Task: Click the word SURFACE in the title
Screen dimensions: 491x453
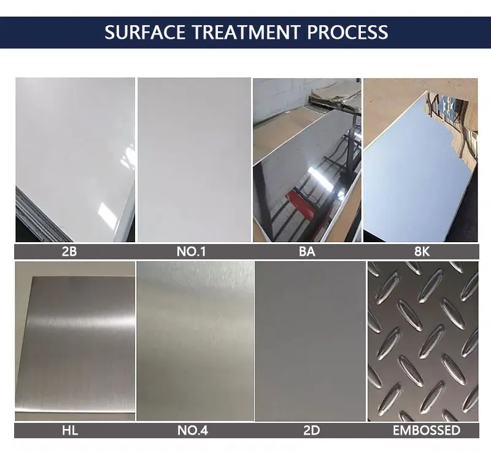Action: point(145,32)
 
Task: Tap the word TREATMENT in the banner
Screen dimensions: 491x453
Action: point(246,32)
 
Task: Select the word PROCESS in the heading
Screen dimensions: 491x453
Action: point(347,32)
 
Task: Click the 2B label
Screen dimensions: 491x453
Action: point(69,251)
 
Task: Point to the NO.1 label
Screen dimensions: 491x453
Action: point(191,251)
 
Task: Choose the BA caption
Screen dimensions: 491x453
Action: point(307,251)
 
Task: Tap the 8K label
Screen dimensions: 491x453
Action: point(422,251)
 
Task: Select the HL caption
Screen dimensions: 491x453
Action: point(70,430)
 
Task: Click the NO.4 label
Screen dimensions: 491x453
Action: point(192,430)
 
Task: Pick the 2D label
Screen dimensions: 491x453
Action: point(312,430)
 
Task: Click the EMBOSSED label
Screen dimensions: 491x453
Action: point(427,430)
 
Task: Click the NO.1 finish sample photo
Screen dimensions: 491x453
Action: point(194,160)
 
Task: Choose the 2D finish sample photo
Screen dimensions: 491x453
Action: point(310,341)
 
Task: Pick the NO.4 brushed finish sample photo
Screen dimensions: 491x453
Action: point(195,341)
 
